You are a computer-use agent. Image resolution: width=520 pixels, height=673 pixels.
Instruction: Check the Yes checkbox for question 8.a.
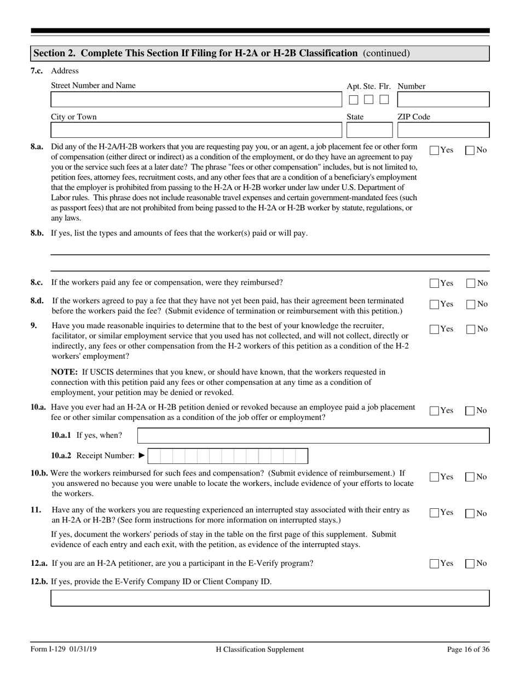tap(435, 150)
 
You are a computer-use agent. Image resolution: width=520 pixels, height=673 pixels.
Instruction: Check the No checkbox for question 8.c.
tap(470, 283)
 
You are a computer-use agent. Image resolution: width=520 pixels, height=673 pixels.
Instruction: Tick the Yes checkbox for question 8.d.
tap(435, 304)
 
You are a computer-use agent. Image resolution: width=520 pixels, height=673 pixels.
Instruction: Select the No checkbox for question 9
tap(470, 329)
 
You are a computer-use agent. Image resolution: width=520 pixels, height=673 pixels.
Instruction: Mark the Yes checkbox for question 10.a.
tap(435, 411)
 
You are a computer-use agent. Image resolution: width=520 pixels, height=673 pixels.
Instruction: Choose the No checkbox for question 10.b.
tap(470, 477)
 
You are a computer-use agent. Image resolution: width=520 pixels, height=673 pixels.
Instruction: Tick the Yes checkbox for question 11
tap(435, 513)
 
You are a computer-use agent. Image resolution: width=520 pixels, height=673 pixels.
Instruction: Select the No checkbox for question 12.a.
tap(470, 564)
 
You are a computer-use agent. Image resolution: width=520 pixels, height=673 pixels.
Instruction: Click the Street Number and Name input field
tap(195, 100)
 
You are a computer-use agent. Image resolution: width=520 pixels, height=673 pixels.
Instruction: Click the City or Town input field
tap(195, 130)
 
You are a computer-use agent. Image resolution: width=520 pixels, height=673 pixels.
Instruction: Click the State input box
tap(369, 130)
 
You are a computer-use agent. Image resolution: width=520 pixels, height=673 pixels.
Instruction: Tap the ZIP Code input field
tap(443, 130)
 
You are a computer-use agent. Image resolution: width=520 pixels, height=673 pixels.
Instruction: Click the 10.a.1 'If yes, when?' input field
tap(313, 436)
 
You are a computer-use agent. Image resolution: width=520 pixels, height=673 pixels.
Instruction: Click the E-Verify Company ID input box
tap(270, 598)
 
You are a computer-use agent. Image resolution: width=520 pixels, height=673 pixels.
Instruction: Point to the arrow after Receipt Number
tap(142, 456)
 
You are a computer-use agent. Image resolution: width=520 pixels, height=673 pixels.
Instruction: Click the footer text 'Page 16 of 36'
tap(468, 649)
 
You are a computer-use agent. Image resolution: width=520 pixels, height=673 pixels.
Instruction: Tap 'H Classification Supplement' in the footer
tap(259, 649)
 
